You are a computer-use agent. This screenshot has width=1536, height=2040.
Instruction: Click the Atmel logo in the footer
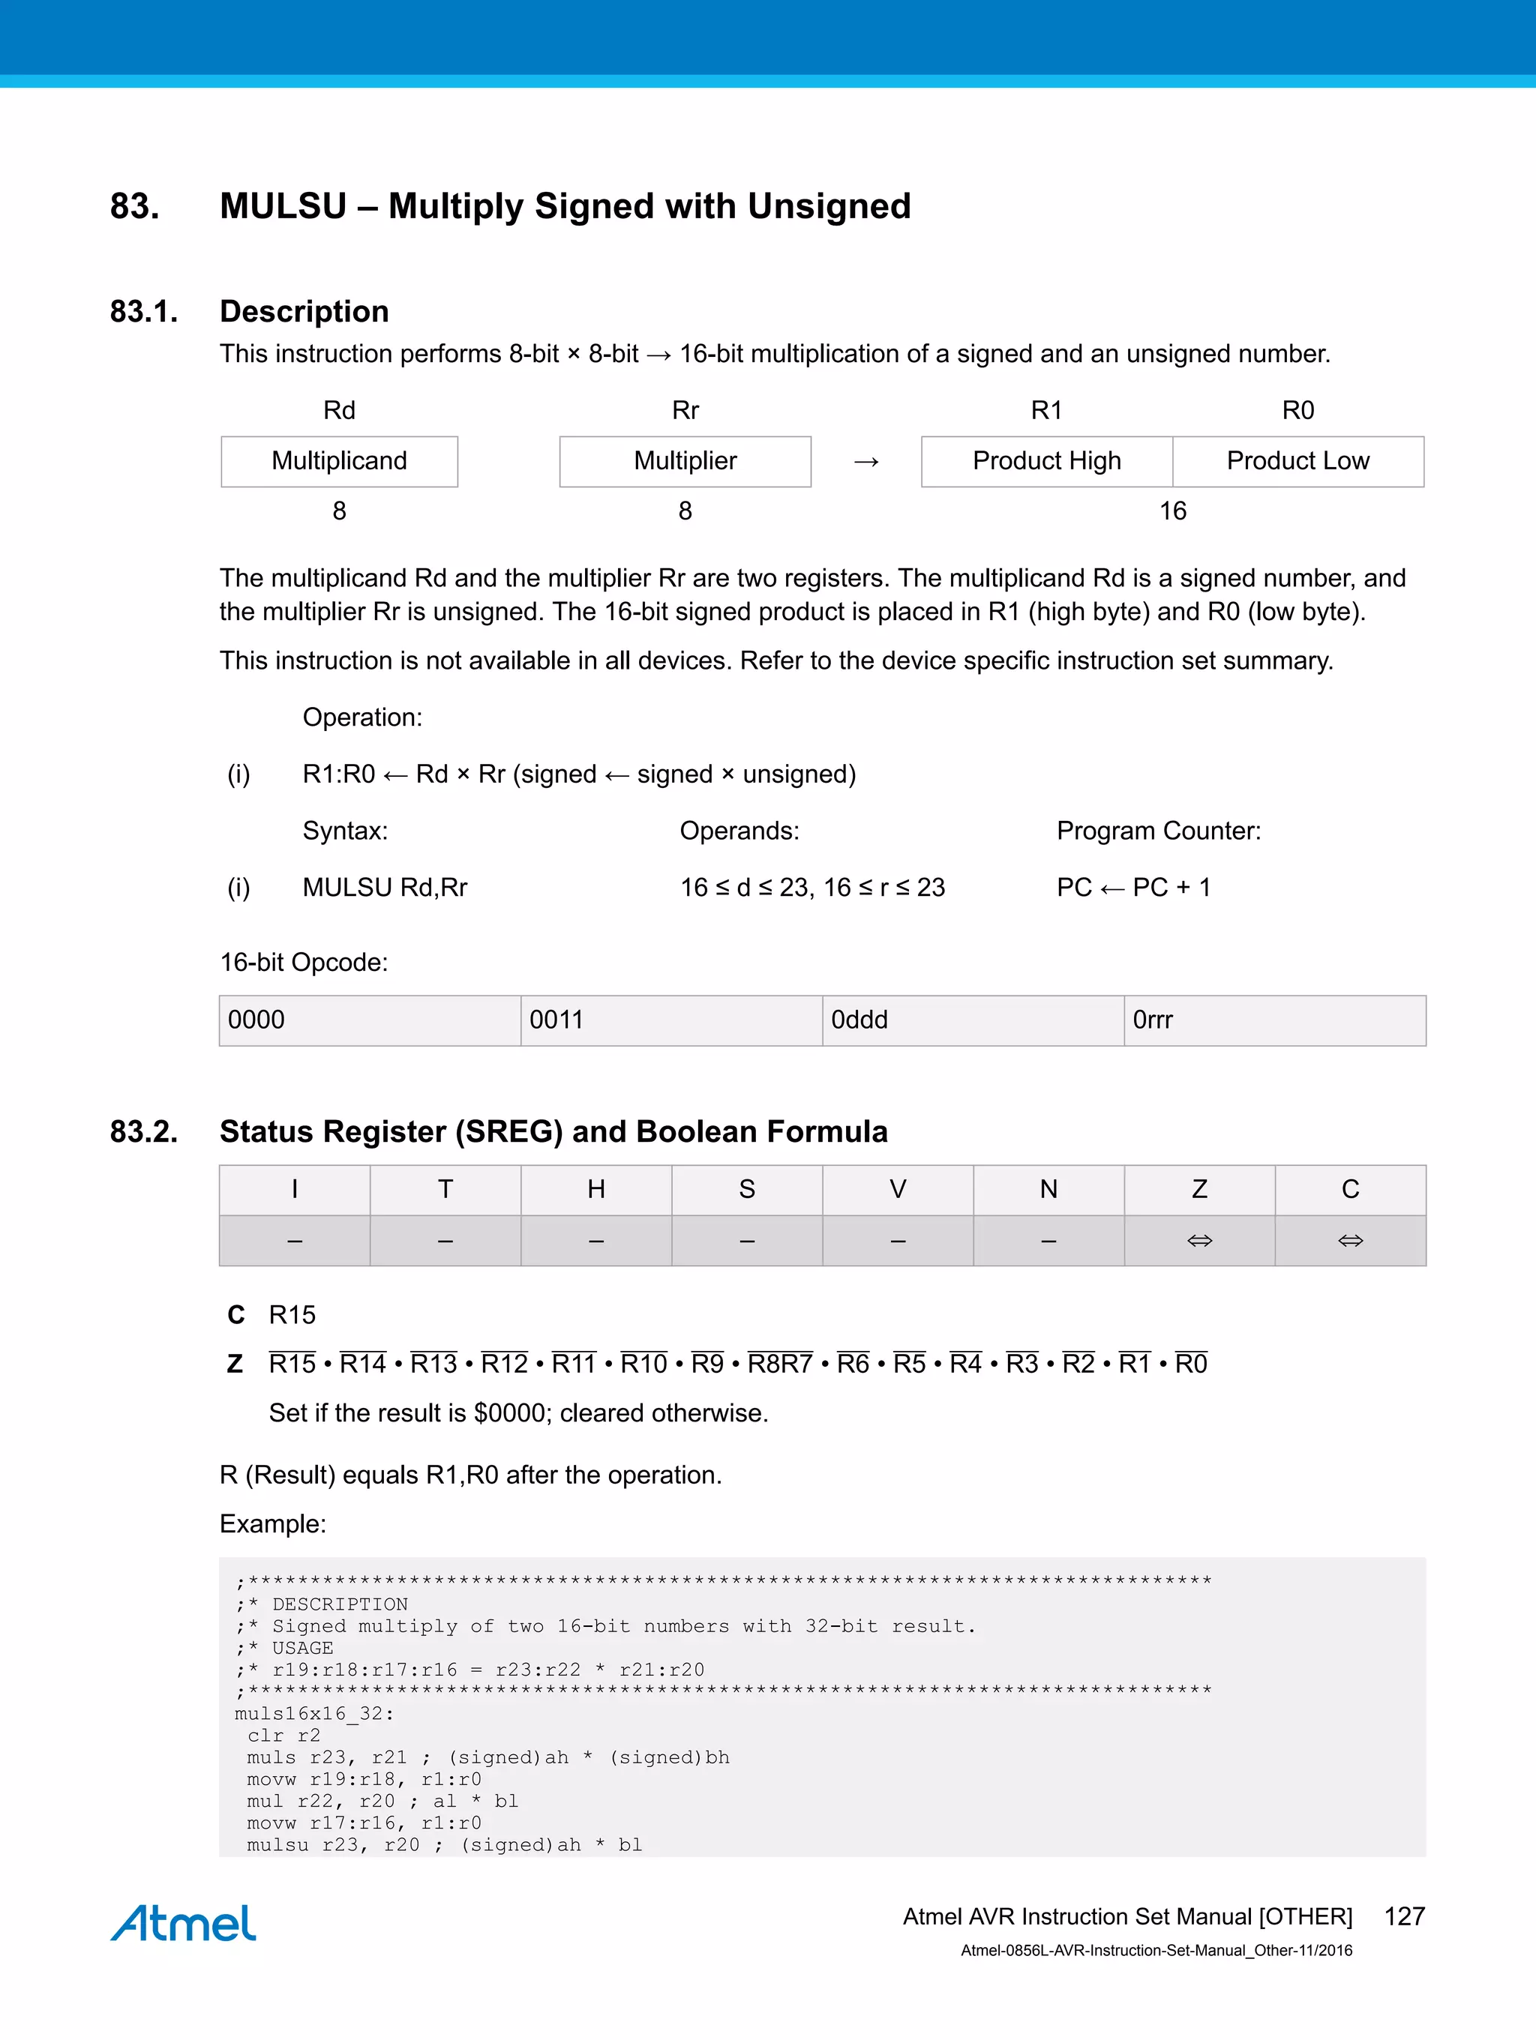[184, 1922]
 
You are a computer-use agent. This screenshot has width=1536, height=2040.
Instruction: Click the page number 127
[1403, 1916]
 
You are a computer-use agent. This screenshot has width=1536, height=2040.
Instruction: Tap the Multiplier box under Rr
[685, 461]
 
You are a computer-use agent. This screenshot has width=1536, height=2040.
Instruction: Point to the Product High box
[1046, 461]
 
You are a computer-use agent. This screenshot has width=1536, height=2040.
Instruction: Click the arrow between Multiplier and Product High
[865, 462]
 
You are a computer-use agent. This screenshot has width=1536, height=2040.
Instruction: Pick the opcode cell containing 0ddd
[972, 1020]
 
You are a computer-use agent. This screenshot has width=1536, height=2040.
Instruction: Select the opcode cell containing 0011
[670, 1020]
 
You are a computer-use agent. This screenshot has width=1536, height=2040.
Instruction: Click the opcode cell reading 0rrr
[1274, 1020]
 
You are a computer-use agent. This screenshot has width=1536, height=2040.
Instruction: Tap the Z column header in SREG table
[1198, 1190]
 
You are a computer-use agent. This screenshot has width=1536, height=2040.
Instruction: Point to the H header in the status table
[596, 1190]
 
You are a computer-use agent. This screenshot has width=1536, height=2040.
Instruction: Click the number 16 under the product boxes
[1171, 511]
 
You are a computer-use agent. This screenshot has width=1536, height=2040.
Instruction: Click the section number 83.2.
[144, 1131]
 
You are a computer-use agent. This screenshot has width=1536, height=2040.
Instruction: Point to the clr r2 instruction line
[283, 1736]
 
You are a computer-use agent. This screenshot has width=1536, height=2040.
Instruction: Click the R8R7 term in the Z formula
[779, 1364]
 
